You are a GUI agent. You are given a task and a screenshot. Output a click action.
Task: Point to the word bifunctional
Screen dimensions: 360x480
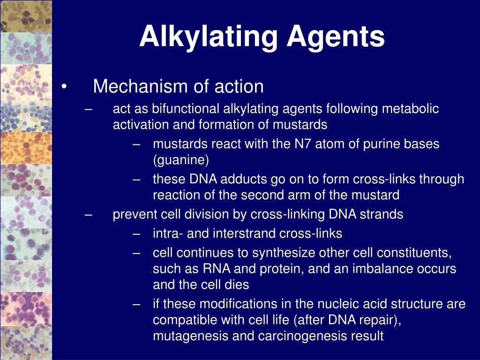[x=179, y=109]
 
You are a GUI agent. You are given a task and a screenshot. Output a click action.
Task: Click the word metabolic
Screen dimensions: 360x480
[x=411, y=109]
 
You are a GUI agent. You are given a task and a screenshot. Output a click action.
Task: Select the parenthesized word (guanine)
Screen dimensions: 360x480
[x=181, y=160]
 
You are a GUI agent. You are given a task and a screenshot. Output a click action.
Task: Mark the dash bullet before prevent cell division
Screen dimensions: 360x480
[x=89, y=215]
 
